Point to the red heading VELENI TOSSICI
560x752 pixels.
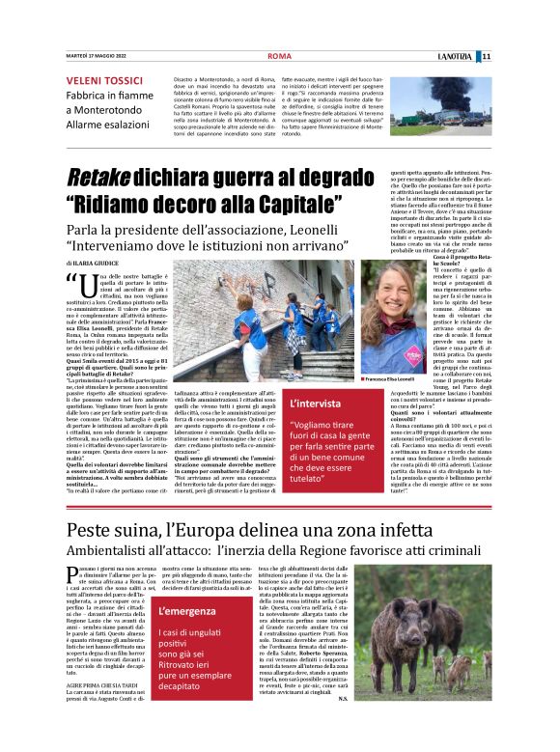coord(103,81)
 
